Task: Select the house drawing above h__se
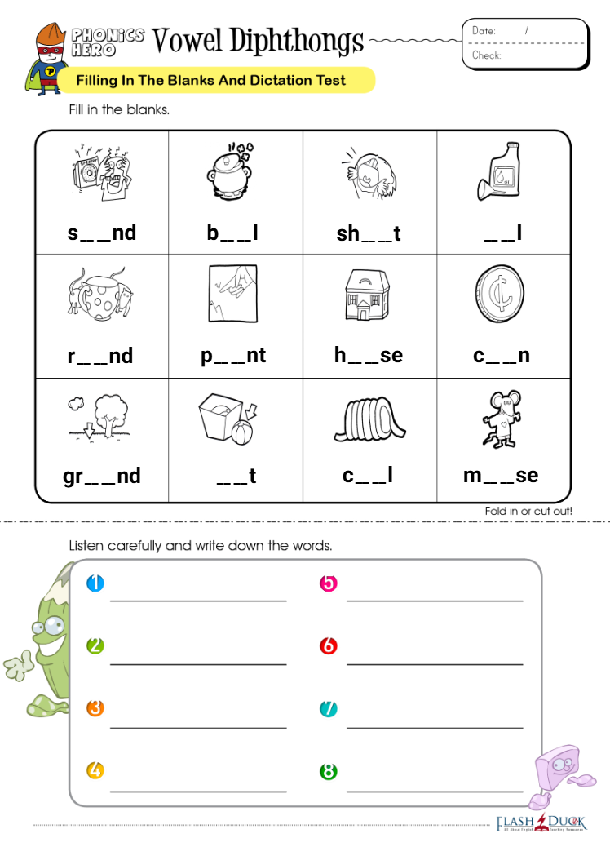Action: point(368,295)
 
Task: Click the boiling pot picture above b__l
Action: point(233,171)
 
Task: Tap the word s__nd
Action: point(102,233)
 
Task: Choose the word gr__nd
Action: point(102,476)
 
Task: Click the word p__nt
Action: point(234,356)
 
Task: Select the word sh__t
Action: point(369,234)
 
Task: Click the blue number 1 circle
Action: point(95,583)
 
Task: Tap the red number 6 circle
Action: point(329,646)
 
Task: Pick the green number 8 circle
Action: point(329,771)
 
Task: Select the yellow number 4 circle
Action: point(95,770)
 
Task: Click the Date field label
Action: point(484,31)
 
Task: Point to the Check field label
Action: point(486,55)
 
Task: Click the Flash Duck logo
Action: point(541,823)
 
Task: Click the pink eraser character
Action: point(556,771)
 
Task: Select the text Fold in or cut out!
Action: point(528,511)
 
